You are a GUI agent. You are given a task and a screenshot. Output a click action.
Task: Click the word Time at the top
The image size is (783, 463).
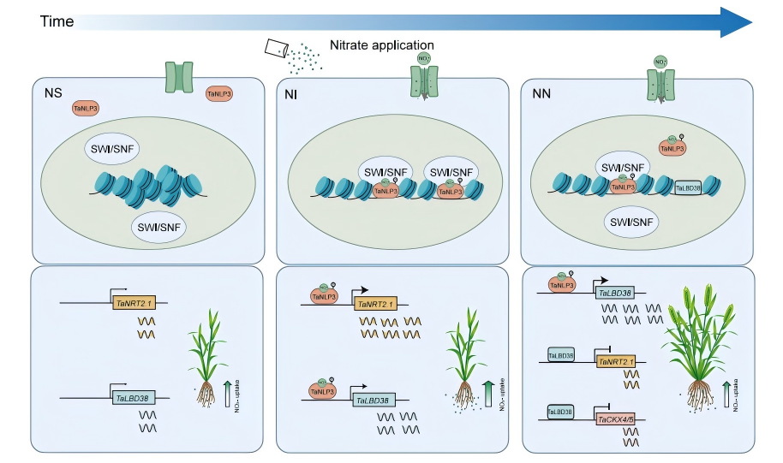point(57,21)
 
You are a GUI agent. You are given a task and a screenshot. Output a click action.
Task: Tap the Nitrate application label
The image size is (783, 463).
point(382,45)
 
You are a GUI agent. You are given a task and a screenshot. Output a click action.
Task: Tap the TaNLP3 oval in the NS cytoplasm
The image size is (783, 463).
point(220,94)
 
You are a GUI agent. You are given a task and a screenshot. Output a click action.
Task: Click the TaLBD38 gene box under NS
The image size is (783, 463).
point(132,398)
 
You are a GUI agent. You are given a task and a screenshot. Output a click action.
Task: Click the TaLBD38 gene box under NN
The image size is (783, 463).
point(615,293)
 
